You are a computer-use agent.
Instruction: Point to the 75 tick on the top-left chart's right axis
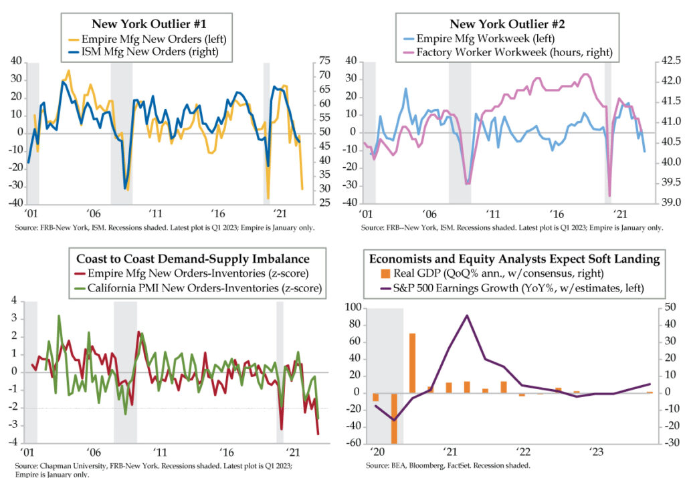click(326, 61)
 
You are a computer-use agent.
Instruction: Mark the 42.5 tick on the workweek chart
click(669, 61)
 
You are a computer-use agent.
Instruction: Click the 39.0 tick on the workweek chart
click(669, 203)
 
